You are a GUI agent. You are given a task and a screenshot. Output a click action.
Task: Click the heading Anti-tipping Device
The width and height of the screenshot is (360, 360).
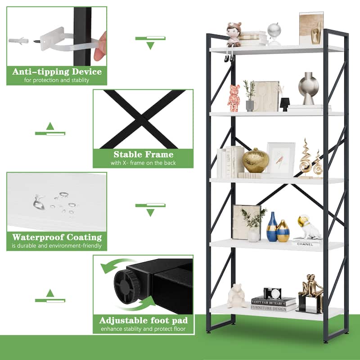click(57, 72)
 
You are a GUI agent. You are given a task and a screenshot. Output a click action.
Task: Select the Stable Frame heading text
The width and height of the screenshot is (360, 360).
click(143, 154)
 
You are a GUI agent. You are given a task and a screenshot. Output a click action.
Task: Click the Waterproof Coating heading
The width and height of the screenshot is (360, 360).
click(57, 237)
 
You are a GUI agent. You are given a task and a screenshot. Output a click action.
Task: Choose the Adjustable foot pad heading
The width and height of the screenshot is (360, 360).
click(143, 321)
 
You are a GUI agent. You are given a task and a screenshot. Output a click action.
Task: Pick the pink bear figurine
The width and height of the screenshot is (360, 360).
click(234, 99)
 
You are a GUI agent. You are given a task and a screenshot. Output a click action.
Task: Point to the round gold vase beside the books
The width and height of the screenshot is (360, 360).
click(256, 161)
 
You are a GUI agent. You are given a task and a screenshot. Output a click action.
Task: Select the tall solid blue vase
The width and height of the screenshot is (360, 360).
click(272, 227)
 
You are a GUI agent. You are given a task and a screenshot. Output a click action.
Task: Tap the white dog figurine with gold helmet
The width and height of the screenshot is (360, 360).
click(308, 227)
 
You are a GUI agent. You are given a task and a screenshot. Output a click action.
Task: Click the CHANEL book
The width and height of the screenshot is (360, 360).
click(307, 243)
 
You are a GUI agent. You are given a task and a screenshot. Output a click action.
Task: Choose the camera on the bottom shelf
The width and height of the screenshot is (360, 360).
click(272, 293)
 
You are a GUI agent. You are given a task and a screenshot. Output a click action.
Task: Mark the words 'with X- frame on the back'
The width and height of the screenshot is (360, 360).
click(143, 163)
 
